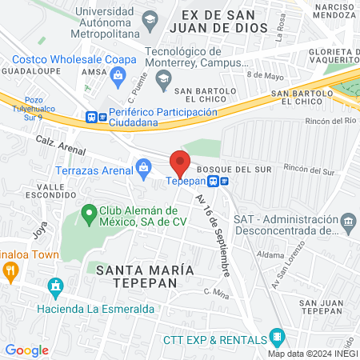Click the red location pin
181,162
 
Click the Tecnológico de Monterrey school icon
163,78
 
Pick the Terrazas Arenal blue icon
144,167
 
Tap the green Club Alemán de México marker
87,213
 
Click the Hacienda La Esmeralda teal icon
55,286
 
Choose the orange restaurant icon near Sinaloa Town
10,270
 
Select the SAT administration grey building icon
348,221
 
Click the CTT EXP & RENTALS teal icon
277,336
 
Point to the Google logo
26,350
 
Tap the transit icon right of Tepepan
226,181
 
